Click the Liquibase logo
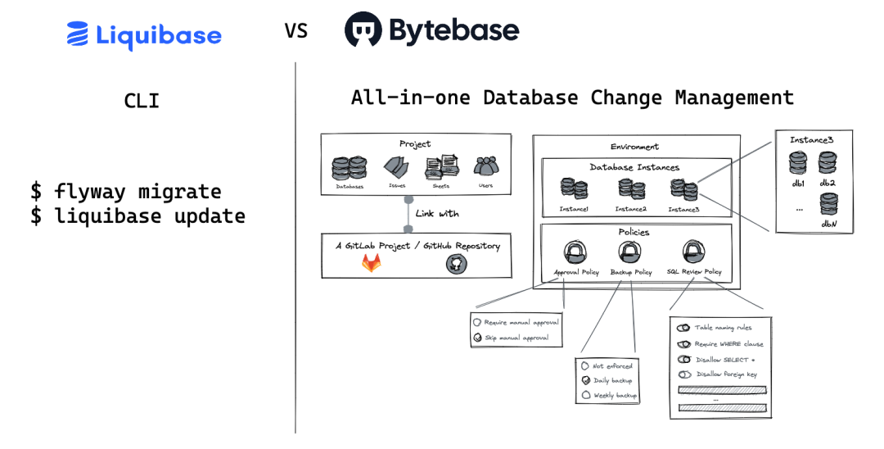click(144, 34)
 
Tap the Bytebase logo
click(431, 30)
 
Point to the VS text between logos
click(296, 31)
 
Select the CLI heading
click(142, 101)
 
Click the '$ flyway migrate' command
click(125, 192)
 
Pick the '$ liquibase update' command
click(138, 216)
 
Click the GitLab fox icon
click(372, 263)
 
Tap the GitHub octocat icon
click(456, 264)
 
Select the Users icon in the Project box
click(486, 167)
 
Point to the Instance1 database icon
click(573, 189)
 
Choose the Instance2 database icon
click(630, 189)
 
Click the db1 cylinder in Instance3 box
click(798, 163)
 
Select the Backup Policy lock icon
click(630, 252)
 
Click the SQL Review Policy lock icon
click(693, 252)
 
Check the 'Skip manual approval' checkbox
click(477, 338)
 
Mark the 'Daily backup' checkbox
click(585, 380)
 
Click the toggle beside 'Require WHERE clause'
click(683, 344)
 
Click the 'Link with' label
click(437, 214)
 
